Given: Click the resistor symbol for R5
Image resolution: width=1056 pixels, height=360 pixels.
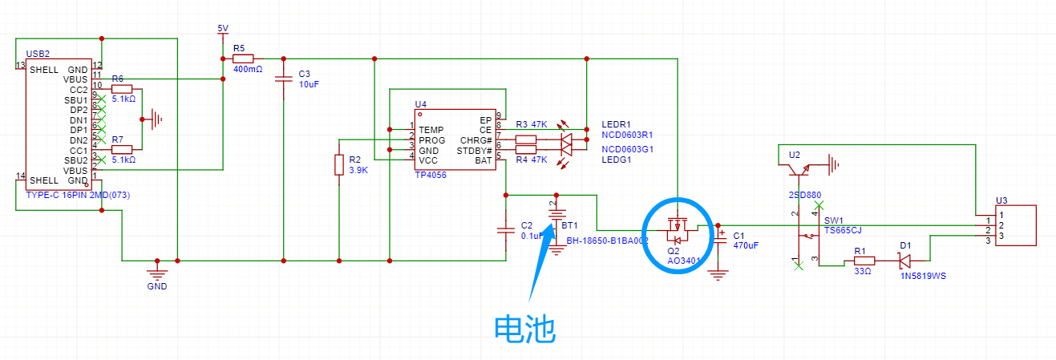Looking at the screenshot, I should (243, 59).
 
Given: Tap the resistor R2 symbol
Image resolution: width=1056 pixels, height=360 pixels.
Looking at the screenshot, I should (339, 165).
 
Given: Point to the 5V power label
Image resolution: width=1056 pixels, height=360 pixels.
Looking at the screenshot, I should (223, 29).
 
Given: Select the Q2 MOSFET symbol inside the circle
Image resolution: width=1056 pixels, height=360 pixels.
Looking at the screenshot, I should (678, 232).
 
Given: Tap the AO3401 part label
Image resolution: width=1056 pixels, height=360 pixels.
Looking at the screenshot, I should (684, 261).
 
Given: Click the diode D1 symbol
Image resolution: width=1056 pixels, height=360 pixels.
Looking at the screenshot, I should (904, 261).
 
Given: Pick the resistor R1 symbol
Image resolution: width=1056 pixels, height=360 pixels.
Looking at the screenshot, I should (864, 261).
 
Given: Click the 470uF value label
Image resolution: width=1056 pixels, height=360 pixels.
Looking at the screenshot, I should (746, 245).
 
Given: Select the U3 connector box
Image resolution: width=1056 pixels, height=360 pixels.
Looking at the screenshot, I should (1015, 226).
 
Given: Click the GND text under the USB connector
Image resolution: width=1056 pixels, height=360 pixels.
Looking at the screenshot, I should (156, 286).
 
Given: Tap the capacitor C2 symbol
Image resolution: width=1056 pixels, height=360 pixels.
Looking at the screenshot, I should (506, 229).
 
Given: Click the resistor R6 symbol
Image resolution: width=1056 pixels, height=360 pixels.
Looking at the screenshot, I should (121, 88).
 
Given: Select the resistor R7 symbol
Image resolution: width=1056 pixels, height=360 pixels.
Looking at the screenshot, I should (121, 150).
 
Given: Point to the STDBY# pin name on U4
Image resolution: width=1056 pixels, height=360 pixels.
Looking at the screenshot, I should (474, 150).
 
